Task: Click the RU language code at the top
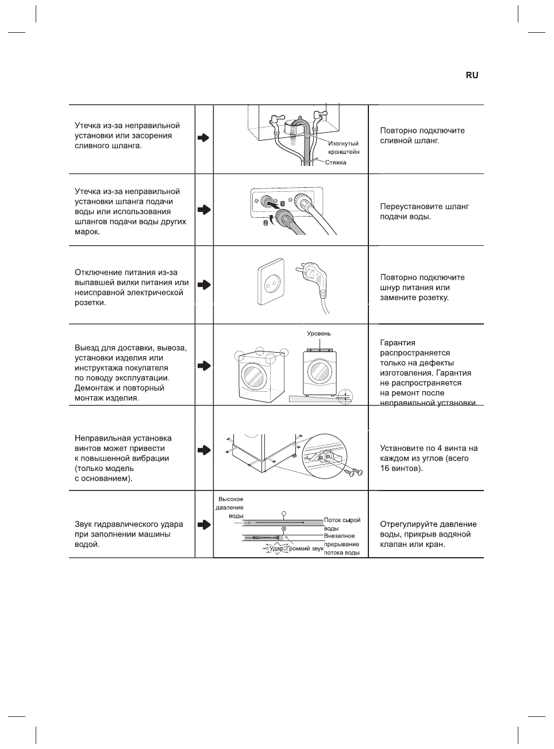pyautogui.click(x=471, y=75)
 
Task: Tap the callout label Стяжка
pyautogui.click(x=336, y=163)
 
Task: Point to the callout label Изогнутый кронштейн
pyautogui.click(x=344, y=148)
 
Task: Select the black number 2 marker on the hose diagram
pyautogui.click(x=266, y=222)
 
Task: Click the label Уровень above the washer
pyautogui.click(x=319, y=333)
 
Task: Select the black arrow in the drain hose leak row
pyautogui.click(x=203, y=138)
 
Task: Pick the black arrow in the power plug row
pyautogui.click(x=203, y=285)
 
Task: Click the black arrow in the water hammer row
pyautogui.click(x=203, y=525)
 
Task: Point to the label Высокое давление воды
pyautogui.click(x=230, y=507)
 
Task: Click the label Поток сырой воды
pyautogui.click(x=342, y=524)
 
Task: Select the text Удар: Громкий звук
pyautogui.click(x=297, y=549)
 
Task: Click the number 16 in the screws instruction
pyautogui.click(x=386, y=469)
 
